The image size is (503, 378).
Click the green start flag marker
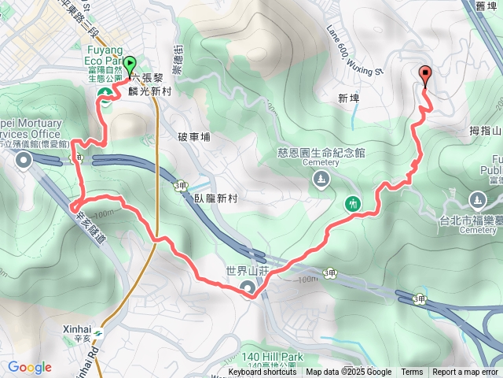pos(129,66)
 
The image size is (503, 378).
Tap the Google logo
pos(29,367)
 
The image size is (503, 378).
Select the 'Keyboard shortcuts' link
pos(263,372)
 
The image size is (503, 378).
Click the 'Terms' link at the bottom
pos(412,372)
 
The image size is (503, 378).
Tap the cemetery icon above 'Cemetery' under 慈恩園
pos(321,180)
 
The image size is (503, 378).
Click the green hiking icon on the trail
pos(354,203)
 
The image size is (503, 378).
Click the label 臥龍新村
pos(216,198)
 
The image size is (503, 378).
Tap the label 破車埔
pos(195,136)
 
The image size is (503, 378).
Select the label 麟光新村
pos(150,91)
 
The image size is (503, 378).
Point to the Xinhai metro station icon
pos(99,332)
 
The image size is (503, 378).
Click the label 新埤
pos(347,99)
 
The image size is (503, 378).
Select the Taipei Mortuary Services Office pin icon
pos(24,161)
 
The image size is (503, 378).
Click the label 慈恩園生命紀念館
pos(321,153)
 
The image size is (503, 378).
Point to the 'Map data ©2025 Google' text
pos(348,372)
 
